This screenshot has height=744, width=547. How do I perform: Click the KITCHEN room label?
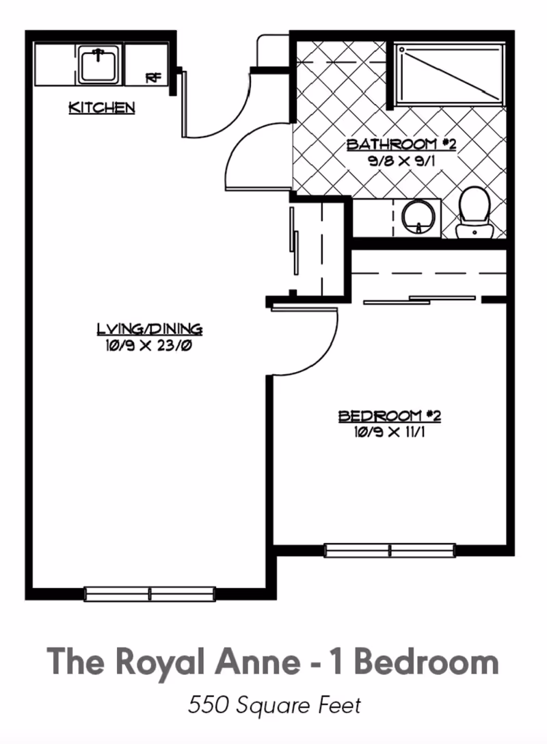click(x=101, y=108)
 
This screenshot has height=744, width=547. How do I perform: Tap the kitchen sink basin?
click(x=98, y=64)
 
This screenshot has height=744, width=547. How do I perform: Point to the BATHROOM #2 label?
click(x=401, y=144)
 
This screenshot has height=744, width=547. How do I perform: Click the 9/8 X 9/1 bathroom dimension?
click(x=401, y=161)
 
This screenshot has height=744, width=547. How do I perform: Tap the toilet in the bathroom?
click(x=475, y=212)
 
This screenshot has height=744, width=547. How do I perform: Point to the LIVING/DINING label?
click(x=150, y=328)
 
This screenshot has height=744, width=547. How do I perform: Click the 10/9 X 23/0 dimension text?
click(x=148, y=346)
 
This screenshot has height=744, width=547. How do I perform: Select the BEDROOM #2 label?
click(x=390, y=416)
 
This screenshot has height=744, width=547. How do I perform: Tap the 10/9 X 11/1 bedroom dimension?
click(x=389, y=432)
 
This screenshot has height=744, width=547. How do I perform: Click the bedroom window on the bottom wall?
click(x=390, y=550)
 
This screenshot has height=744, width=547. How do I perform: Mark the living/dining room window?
click(x=150, y=594)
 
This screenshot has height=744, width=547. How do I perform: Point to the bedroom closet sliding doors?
click(x=419, y=300)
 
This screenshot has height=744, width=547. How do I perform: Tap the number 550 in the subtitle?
click(x=207, y=705)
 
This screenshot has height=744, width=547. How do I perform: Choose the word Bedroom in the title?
click(x=427, y=661)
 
